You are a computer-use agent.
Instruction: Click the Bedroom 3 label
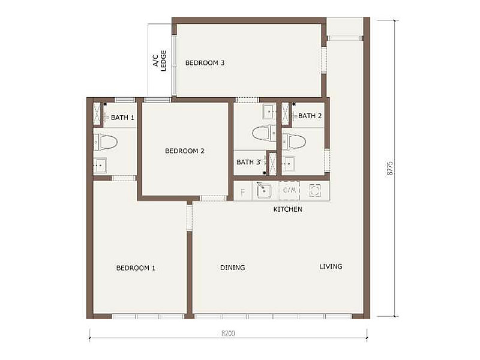205,63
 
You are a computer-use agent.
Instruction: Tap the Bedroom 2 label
185,151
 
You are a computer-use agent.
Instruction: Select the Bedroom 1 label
136,268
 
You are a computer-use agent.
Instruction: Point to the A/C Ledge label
160,61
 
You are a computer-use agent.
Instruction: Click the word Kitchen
288,209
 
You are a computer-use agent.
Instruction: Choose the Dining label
233,268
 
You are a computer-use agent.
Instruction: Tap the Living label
331,266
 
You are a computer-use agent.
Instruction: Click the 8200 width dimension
229,333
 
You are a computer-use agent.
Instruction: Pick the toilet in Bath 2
294,142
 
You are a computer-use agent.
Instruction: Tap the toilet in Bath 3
264,133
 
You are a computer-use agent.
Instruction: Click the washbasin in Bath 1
100,166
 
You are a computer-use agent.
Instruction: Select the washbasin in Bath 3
269,112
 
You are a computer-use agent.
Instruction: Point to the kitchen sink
264,191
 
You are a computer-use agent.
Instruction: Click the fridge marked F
243,192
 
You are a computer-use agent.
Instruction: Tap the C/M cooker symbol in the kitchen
289,190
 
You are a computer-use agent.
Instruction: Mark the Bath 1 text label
122,118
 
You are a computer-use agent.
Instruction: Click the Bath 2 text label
310,116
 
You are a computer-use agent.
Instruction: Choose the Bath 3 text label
248,162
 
